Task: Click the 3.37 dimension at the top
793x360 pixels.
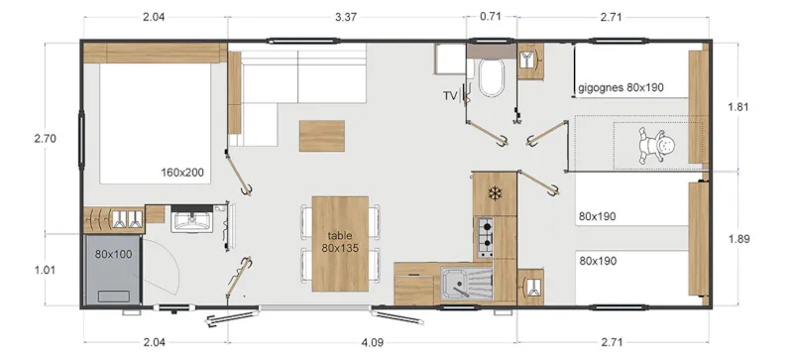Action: coord(320,16)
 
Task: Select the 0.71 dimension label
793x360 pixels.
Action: coord(490,16)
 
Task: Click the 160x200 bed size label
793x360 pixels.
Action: coord(182,173)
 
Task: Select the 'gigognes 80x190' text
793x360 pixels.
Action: coord(621,87)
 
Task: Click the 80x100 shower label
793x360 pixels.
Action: coord(113,253)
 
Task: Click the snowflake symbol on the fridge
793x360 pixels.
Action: coord(493,191)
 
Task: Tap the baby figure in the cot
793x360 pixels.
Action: coord(656,146)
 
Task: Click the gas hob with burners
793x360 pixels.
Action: coord(486,235)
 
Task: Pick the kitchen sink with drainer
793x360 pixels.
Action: coord(466,286)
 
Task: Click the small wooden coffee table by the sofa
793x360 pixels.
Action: coord(322,134)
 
